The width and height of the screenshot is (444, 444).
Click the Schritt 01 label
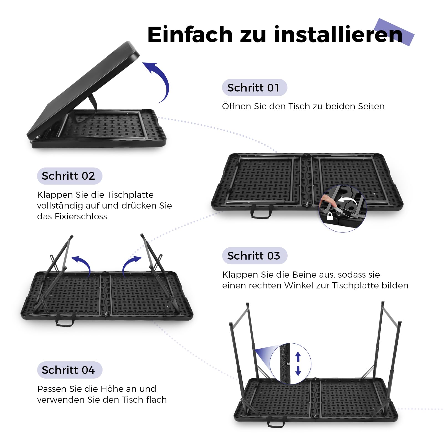coord(254,88)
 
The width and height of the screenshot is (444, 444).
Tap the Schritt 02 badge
coord(70,176)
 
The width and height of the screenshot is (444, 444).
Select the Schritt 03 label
coord(255,256)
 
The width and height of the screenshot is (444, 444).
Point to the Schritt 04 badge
coord(70,370)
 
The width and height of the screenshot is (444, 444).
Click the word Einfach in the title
coord(190,35)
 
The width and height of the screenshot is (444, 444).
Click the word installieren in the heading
coord(338,35)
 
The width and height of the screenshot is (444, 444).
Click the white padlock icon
coord(330,216)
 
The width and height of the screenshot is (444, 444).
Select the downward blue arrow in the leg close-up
coord(298,371)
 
